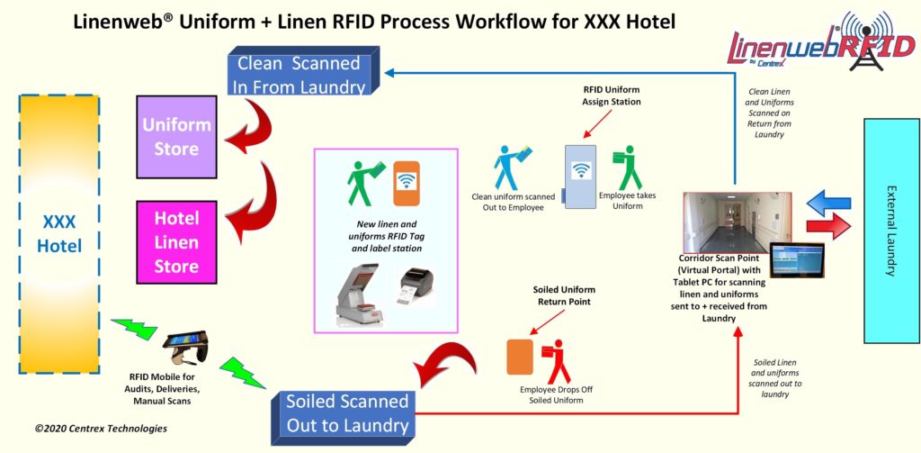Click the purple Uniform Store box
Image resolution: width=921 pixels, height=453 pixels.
click(177, 135)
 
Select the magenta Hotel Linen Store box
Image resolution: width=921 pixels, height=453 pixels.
click(177, 241)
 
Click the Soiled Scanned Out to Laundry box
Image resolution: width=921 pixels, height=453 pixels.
click(347, 412)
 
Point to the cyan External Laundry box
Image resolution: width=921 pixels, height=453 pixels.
click(890, 231)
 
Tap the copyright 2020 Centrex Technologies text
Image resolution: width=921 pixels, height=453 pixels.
click(101, 429)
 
